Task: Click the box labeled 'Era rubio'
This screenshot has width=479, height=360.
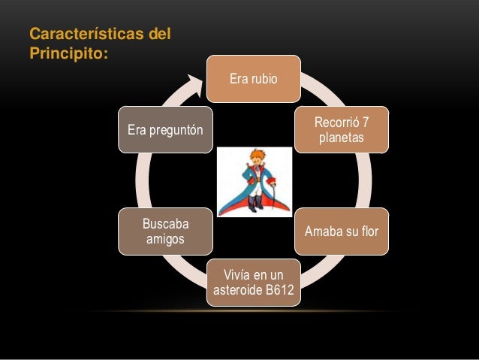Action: click(x=254, y=79)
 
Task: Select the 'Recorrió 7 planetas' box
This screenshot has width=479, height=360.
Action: click(x=342, y=129)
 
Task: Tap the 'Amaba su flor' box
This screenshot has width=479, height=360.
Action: click(x=342, y=231)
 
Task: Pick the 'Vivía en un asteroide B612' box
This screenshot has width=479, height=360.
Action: click(x=254, y=283)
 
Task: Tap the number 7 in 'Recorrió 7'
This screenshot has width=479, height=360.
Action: click(x=365, y=122)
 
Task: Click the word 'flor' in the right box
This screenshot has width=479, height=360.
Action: click(x=368, y=231)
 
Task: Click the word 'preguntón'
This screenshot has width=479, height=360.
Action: click(x=177, y=129)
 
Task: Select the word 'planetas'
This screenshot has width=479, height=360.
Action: click(x=342, y=138)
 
